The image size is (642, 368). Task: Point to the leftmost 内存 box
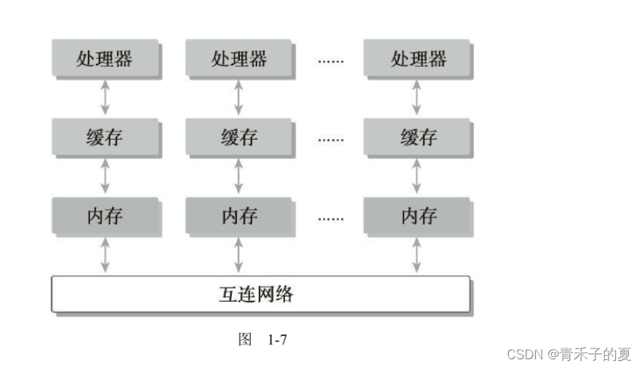(x=105, y=216)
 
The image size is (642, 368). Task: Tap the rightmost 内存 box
(x=417, y=216)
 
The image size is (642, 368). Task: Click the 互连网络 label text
(x=260, y=295)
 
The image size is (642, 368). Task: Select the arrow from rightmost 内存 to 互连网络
(x=417, y=255)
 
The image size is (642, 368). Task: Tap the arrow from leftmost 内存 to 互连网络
(x=105, y=255)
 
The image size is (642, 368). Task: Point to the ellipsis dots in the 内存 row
(x=330, y=217)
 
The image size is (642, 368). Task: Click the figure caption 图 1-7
(x=262, y=339)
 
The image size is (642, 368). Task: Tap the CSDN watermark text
(x=569, y=354)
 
